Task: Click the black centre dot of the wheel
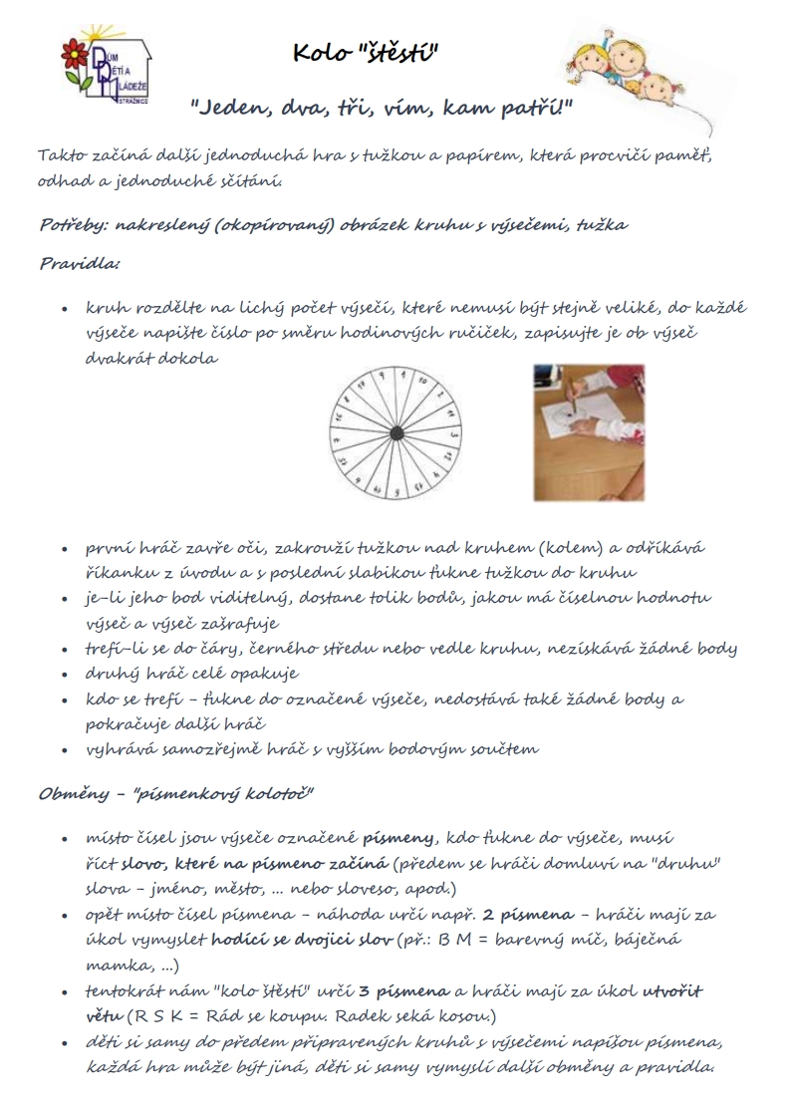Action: (x=395, y=432)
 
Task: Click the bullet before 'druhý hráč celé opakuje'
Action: (x=65, y=674)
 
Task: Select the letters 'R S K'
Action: (x=160, y=1015)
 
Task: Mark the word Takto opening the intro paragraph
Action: (x=60, y=156)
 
